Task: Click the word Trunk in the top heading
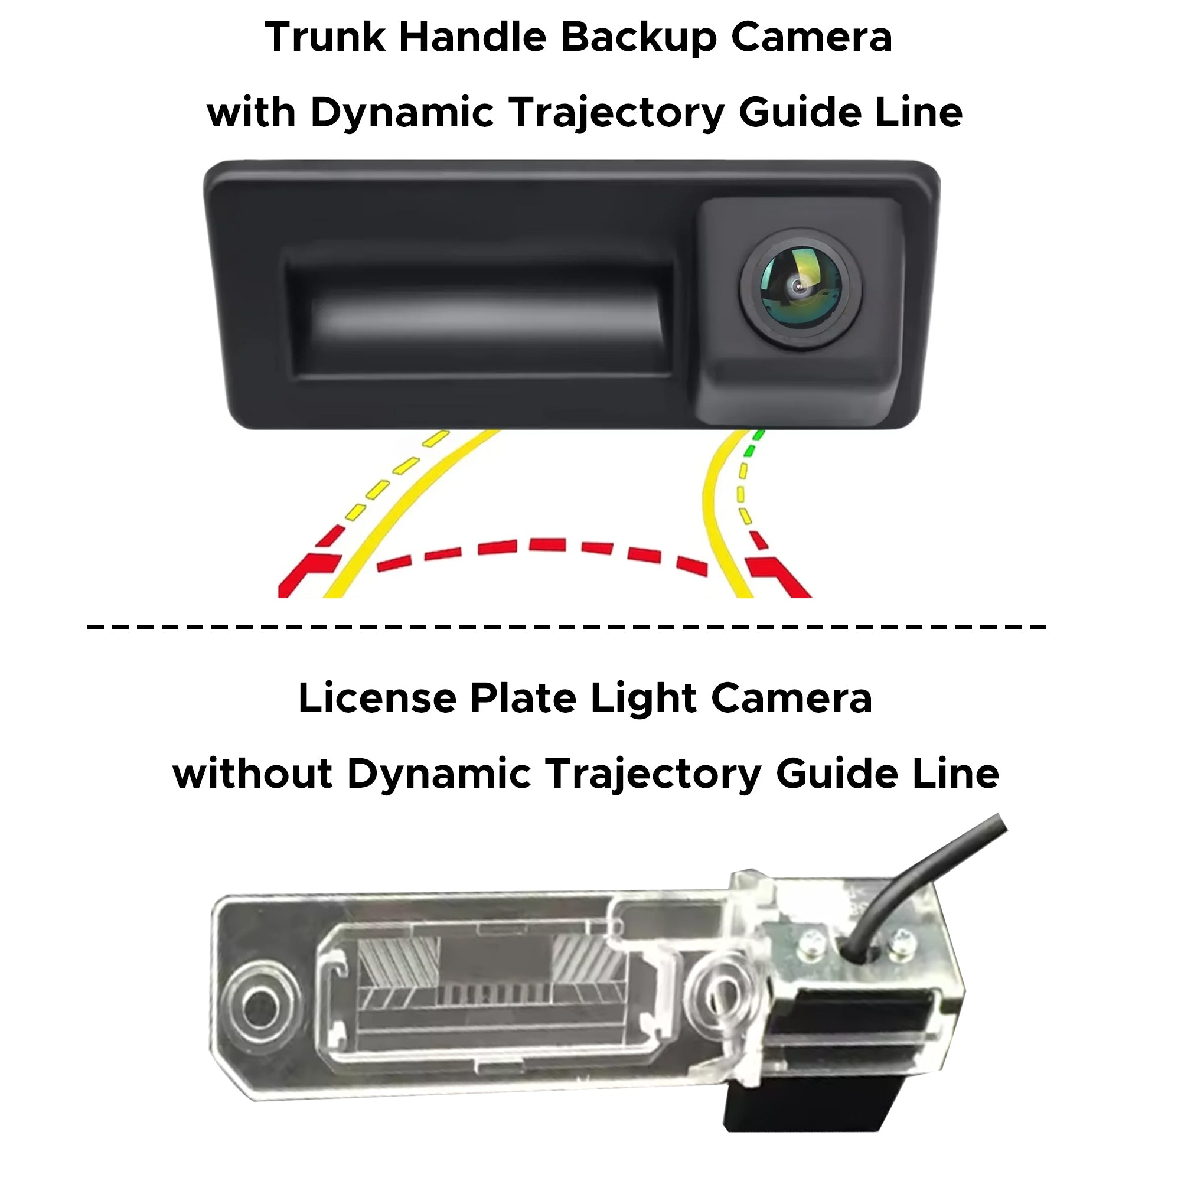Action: click(325, 37)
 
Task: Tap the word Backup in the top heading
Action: click(639, 38)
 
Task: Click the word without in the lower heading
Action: click(252, 774)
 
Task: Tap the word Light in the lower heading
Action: click(643, 699)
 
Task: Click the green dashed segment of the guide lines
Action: click(753, 445)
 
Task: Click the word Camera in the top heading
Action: click(811, 37)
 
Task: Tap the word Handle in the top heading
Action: click(472, 37)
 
